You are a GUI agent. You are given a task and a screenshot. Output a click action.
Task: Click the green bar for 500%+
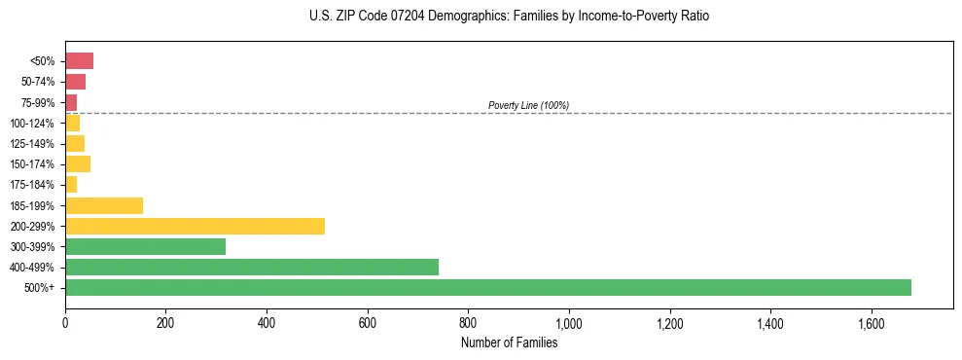488,287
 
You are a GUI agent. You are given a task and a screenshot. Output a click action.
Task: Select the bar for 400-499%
252,267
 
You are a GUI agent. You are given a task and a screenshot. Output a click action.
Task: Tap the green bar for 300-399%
145,246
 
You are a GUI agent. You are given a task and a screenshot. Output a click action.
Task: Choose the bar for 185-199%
104,205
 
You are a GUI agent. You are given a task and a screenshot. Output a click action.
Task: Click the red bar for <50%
79,61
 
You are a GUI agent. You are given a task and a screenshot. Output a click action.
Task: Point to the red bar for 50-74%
75,82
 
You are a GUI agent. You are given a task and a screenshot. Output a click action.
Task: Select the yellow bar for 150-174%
78,163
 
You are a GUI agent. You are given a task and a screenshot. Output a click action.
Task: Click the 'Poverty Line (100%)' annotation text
528,105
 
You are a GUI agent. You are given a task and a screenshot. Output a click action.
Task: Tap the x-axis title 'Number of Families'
509,342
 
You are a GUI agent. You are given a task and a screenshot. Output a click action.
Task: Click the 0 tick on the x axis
65,323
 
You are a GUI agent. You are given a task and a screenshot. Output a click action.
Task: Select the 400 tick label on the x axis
267,323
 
